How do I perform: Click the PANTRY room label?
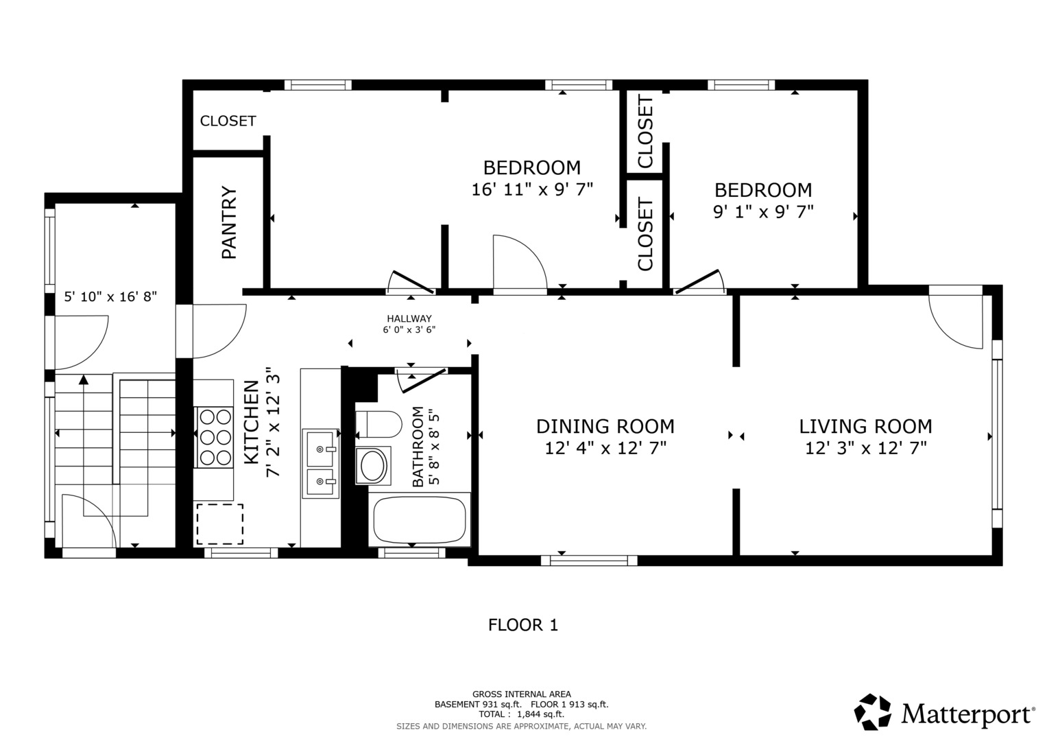(229, 223)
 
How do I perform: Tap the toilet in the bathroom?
(378, 424)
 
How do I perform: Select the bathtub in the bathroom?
(419, 519)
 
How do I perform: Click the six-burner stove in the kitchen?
(214, 438)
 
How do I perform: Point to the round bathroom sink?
(372, 465)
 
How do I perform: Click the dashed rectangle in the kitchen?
(219, 524)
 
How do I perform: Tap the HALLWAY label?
(409, 318)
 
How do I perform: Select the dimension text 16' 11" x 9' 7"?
(532, 189)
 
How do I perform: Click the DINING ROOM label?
(605, 426)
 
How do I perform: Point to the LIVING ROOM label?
(866, 426)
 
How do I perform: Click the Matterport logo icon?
(873, 712)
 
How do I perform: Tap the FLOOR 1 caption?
(523, 625)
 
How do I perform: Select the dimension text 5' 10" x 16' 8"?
(110, 296)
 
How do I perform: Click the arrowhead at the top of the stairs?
(84, 379)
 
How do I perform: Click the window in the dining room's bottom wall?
(589, 560)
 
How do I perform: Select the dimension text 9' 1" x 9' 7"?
(763, 212)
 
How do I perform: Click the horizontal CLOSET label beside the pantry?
(228, 121)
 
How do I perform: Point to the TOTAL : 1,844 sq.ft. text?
(522, 714)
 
